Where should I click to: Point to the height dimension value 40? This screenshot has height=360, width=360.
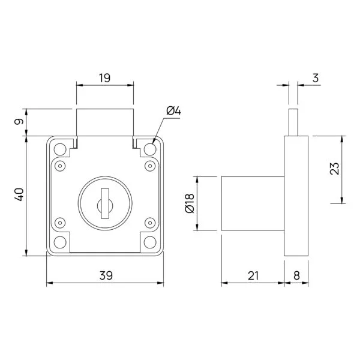(x=19, y=195)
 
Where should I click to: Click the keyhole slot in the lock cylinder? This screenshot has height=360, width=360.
(x=106, y=202)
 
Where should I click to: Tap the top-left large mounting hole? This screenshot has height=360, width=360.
(x=60, y=148)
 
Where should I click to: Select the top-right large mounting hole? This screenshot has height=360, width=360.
(x=151, y=148)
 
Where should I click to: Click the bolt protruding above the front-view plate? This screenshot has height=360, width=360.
(x=105, y=123)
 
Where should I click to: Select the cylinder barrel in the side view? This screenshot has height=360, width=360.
(x=253, y=203)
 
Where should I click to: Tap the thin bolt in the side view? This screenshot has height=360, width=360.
(x=293, y=122)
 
